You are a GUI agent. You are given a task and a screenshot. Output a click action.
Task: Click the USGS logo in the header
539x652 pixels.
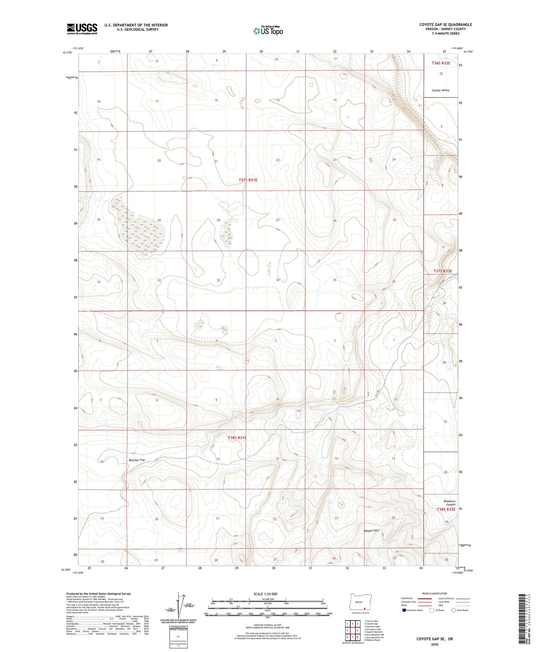(82, 29)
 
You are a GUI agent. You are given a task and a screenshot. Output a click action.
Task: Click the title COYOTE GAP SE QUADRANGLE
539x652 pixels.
(445, 25)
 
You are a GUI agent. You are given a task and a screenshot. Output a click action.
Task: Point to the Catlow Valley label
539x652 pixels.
(440, 90)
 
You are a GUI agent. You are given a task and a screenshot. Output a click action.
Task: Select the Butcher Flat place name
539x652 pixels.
(137, 460)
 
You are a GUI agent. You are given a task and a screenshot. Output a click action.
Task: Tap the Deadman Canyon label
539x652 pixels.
(449, 503)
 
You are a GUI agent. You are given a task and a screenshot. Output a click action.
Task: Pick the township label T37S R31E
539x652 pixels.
(248, 180)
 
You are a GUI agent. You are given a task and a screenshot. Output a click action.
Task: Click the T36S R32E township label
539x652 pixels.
(441, 63)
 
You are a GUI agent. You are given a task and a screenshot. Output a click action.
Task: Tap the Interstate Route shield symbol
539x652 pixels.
(404, 610)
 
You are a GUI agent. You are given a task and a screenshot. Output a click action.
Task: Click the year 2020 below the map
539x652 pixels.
(435, 644)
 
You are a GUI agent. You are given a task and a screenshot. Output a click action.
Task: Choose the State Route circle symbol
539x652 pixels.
(454, 610)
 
